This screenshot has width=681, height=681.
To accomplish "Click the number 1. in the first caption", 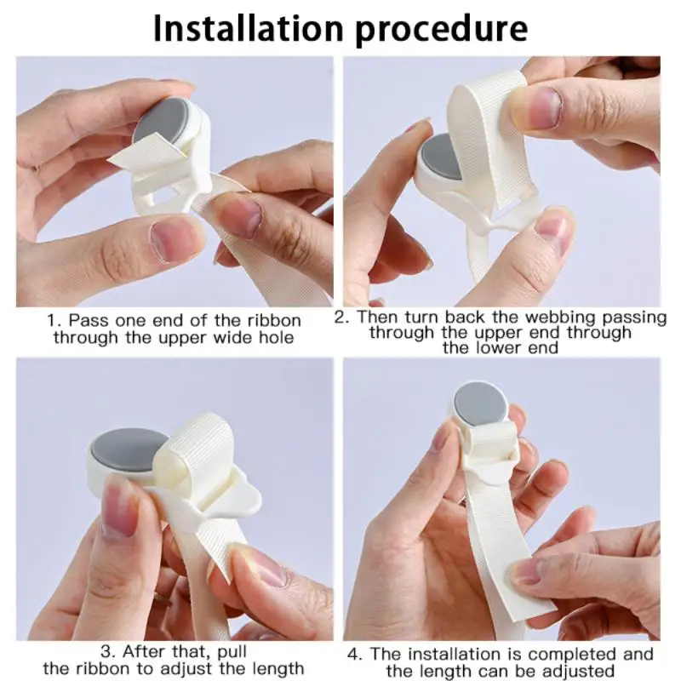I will (x=54, y=321).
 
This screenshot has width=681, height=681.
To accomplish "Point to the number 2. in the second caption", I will (x=341, y=317).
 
